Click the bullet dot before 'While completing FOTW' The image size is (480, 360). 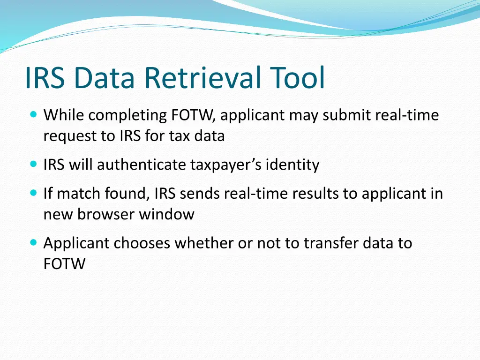coord(33,114)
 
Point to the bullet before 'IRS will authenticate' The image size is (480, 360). coord(33,165)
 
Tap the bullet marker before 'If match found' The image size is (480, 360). coord(33,193)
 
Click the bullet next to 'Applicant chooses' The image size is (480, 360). coord(33,243)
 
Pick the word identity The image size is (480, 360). coord(292,165)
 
